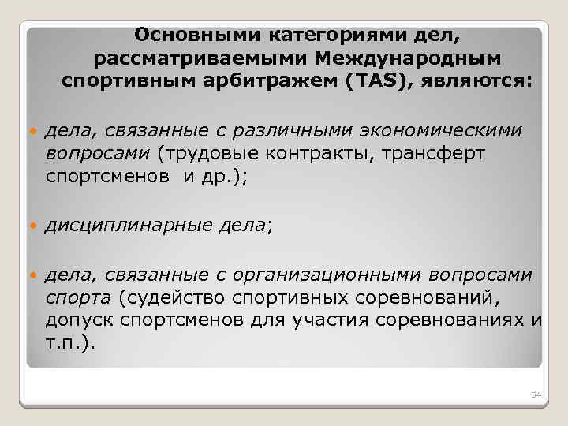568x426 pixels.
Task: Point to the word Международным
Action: point(407,58)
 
